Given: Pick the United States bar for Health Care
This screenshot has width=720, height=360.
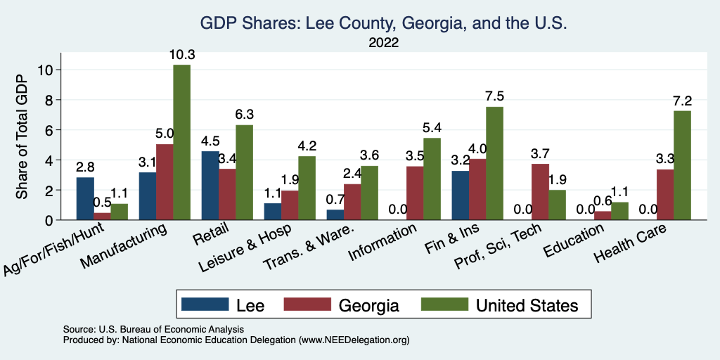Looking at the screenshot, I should pyautogui.click(x=682, y=165).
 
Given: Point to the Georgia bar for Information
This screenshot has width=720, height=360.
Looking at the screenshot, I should pyautogui.click(x=415, y=193).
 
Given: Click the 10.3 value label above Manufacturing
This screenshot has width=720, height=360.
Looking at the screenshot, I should pyautogui.click(x=181, y=54).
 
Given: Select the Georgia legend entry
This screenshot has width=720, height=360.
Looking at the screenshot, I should pyautogui.click(x=341, y=305).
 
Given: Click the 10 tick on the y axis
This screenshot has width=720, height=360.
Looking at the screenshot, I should pyautogui.click(x=46, y=70).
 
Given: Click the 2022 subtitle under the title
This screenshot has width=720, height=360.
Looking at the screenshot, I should pyautogui.click(x=384, y=43).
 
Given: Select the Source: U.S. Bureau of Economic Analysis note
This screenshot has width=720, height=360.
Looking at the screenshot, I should pyautogui.click(x=153, y=329).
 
